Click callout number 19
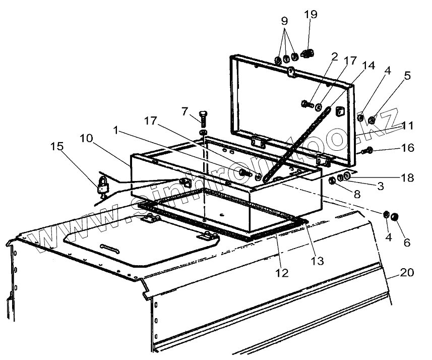tap(311, 14)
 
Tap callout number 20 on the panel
tap(407, 273)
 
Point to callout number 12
tap(282, 273)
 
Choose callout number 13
tap(318, 261)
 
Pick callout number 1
tap(116, 130)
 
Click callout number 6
tap(407, 242)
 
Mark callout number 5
tap(407, 76)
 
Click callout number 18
tap(407, 177)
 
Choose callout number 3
tap(380, 186)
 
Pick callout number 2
tap(334, 57)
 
